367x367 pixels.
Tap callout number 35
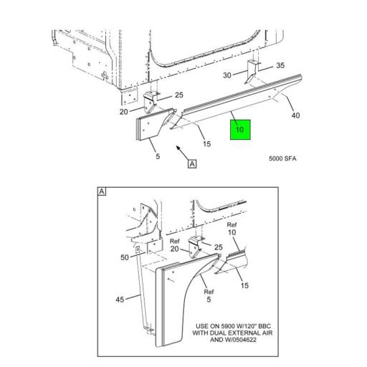[x=280, y=65]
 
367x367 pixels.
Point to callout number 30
[x=227, y=75]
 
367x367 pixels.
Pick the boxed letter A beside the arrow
[x=191, y=164]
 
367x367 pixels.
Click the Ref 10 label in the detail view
[x=231, y=229]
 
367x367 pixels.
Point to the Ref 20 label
[x=175, y=246]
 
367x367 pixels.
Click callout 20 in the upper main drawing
[x=123, y=111]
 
